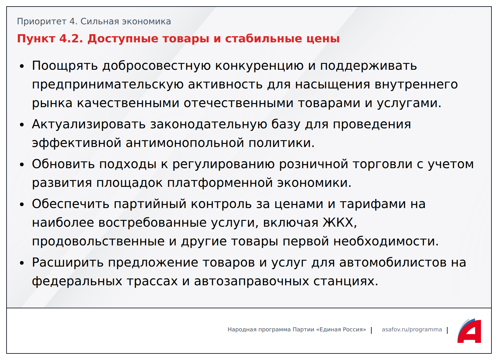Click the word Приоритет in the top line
click(x=42, y=21)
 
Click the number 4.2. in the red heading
click(x=71, y=39)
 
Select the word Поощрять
click(x=65, y=66)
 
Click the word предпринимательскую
click(x=108, y=85)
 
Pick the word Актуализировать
click(x=89, y=124)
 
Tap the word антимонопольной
click(x=185, y=143)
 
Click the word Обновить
click(x=63, y=164)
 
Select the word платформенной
click(x=220, y=183)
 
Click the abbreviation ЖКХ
click(x=340, y=222)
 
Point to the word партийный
click(x=150, y=204)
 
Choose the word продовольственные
click(x=98, y=242)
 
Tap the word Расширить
click(x=68, y=263)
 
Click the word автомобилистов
click(x=393, y=263)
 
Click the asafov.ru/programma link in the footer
click(x=412, y=329)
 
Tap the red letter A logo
click(x=470, y=331)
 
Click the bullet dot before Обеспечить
click(x=22, y=205)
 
